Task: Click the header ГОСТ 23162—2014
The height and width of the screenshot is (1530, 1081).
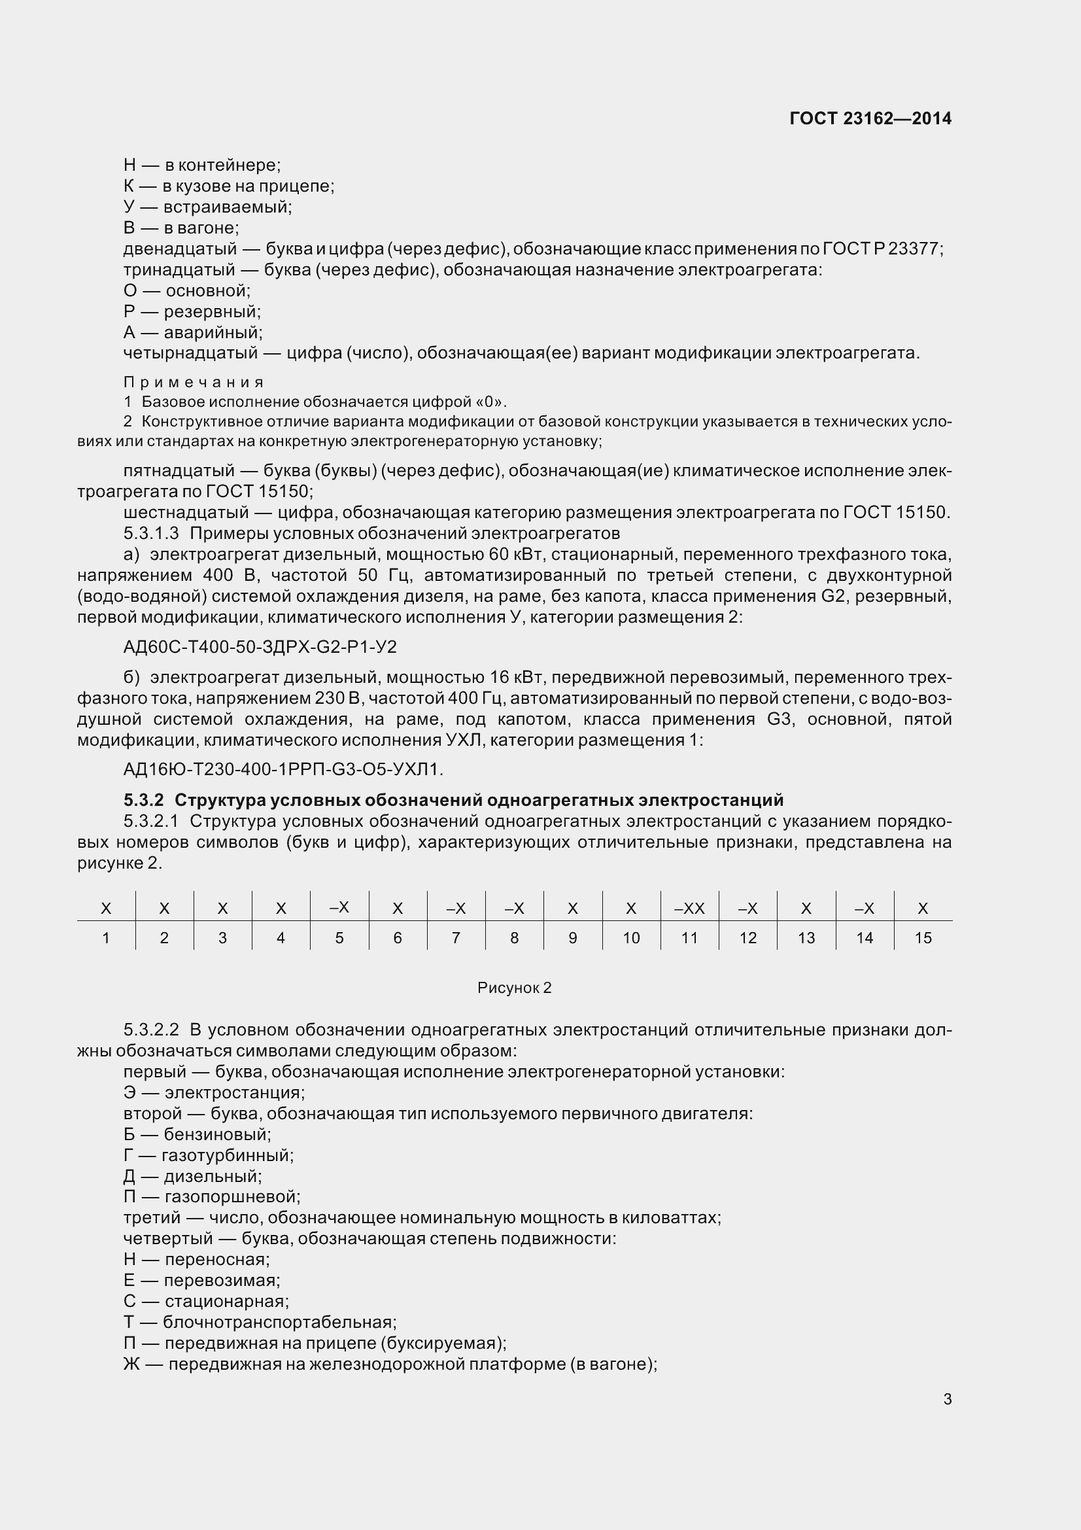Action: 870,118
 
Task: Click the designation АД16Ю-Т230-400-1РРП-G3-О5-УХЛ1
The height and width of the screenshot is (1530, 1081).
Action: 283,770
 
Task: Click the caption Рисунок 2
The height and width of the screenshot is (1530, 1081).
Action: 514,988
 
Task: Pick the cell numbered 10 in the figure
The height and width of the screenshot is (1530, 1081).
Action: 631,938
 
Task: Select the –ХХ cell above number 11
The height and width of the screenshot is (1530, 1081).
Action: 689,909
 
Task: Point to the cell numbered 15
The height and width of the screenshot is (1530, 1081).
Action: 923,938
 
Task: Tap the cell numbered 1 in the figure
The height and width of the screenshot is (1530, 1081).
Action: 106,938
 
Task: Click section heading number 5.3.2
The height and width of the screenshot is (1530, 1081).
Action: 143,799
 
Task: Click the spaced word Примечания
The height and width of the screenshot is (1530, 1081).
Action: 193,383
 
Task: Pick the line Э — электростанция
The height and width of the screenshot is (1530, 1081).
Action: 214,1092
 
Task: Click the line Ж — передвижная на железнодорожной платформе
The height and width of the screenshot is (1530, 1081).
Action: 390,1363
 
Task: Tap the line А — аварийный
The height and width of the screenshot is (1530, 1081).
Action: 192,332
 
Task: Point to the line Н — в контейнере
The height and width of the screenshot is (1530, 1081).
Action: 202,165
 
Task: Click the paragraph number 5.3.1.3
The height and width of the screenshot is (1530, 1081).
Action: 151,533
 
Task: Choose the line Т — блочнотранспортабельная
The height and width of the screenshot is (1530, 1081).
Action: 260,1321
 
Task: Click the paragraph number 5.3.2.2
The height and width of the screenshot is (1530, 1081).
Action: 151,1030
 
